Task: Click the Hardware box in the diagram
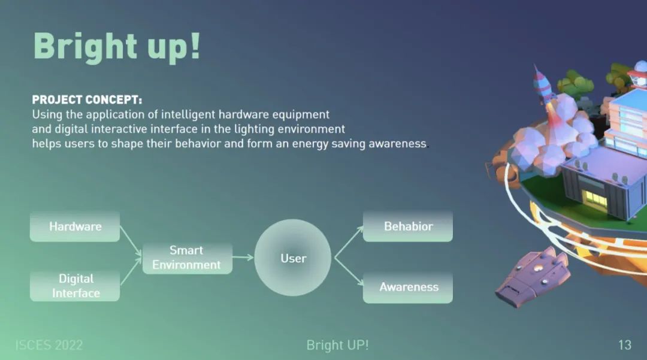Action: pos(75,226)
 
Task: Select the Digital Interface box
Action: pos(75,286)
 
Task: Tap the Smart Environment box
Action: pos(188,258)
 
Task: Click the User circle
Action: pos(292,258)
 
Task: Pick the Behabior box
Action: pos(408,226)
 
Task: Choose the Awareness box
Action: pos(408,288)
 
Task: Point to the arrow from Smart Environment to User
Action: pos(243,258)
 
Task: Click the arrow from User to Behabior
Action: pos(349,242)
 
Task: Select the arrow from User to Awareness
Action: pos(349,272)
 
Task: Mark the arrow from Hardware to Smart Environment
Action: pos(131,241)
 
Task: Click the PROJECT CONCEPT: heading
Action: pos(87,100)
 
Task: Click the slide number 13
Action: pos(625,345)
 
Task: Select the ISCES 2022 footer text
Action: pos(49,345)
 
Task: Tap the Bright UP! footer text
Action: pos(337,345)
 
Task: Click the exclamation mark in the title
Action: pos(195,46)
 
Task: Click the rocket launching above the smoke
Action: pos(542,84)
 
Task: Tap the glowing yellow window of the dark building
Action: pos(596,198)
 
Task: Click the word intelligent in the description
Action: pos(188,114)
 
